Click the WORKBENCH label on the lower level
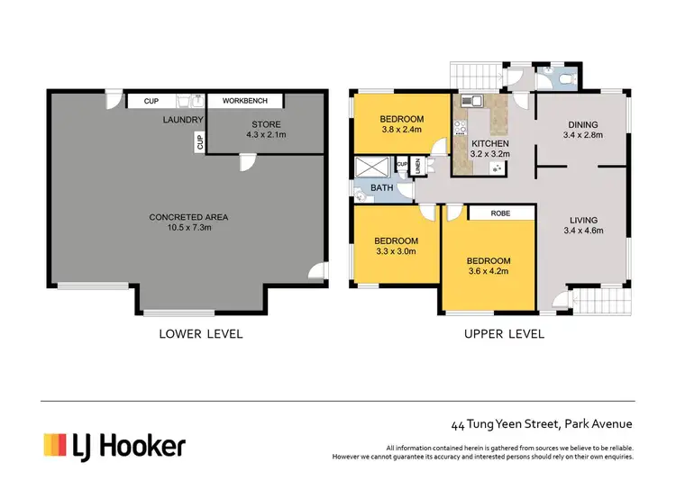coord(245,101)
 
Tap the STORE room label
coord(266,124)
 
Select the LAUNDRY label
coord(183,120)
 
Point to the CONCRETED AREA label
coord(188,217)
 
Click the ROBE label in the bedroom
coord(500,213)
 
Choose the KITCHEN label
coord(489,143)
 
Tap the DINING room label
coord(583,125)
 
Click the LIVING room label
coord(583,220)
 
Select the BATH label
coord(381,188)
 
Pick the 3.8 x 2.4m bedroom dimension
coord(401,130)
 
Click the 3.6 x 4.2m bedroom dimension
coord(488,271)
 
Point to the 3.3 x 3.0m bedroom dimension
coord(396,251)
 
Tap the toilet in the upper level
coord(567,79)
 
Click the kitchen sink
coord(471,101)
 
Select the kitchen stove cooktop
coord(460,128)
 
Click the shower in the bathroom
coord(371,167)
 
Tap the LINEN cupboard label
coord(417,167)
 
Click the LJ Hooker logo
coord(114,446)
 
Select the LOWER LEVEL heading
coord(201,334)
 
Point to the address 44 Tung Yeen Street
coord(506,424)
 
